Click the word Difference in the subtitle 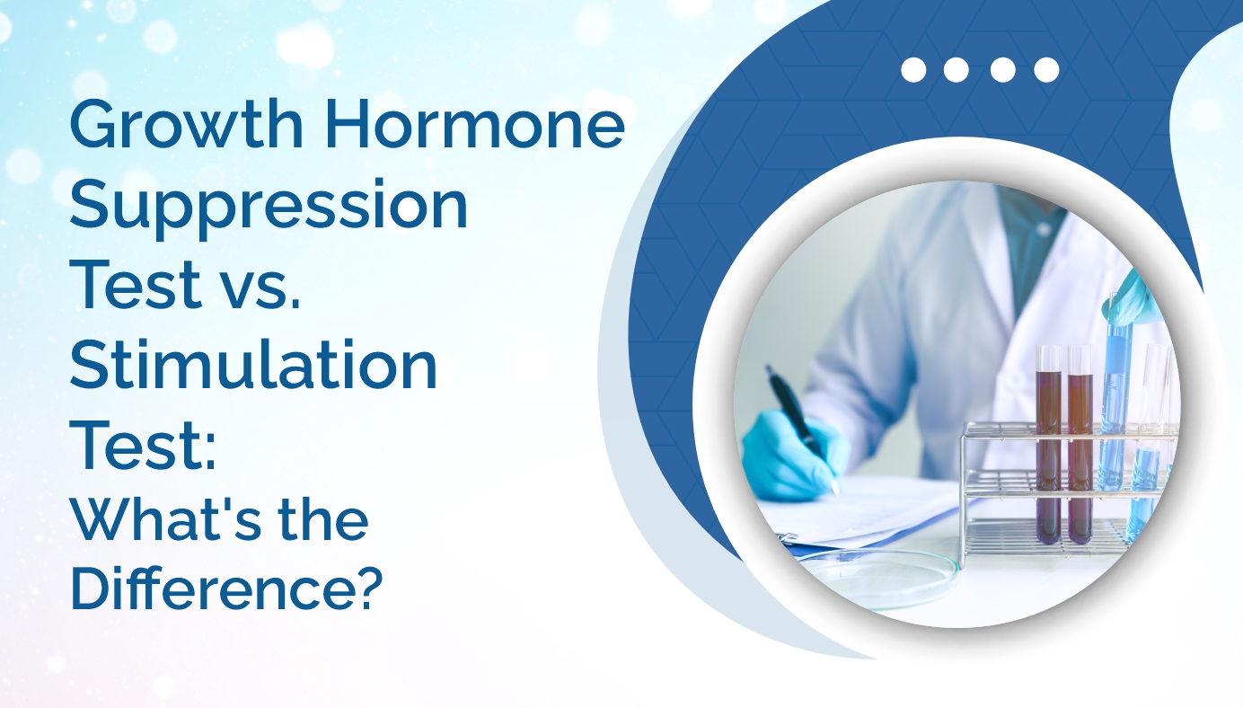(209, 588)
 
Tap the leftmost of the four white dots (913, 70)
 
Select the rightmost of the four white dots (1046, 70)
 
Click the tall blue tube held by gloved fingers (1116, 395)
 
